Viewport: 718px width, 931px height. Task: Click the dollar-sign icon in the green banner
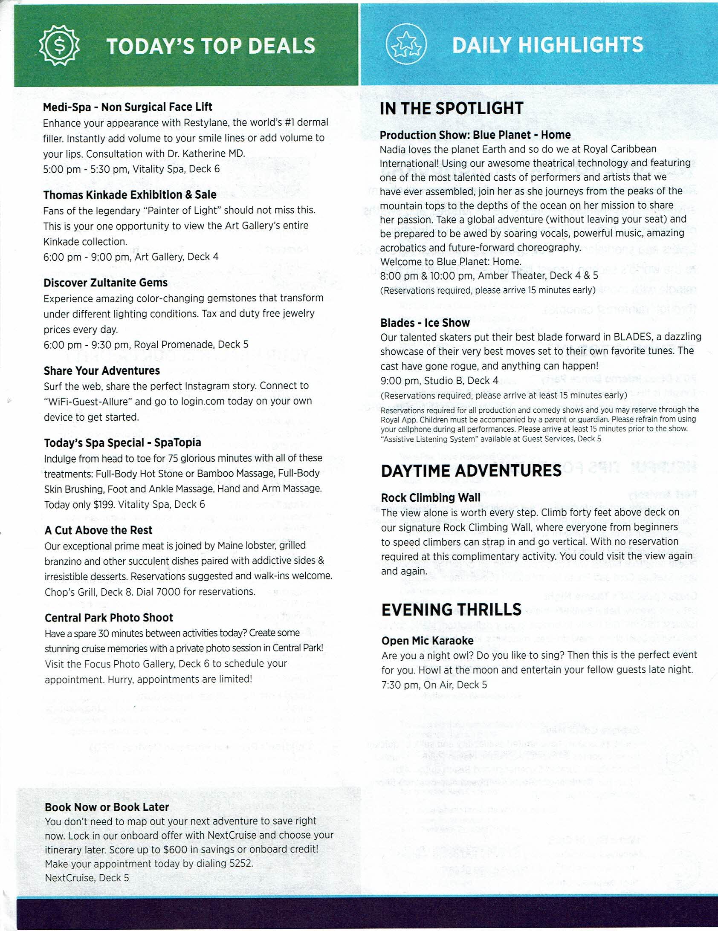coord(60,46)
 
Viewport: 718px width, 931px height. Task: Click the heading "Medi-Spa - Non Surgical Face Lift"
coord(127,107)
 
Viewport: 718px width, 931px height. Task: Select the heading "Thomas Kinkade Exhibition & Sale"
coord(130,195)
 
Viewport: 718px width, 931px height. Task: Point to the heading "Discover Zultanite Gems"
coord(105,283)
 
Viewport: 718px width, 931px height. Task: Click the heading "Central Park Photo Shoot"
coord(109,618)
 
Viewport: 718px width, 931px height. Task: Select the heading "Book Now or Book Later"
coord(107,807)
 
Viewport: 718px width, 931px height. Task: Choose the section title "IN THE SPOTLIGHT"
coord(452,108)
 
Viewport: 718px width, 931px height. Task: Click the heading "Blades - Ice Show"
coord(425,323)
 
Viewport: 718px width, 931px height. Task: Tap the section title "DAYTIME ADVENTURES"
coord(471,471)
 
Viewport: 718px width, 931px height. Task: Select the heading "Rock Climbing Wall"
coord(431,497)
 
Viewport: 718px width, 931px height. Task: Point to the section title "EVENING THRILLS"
coord(451,610)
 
